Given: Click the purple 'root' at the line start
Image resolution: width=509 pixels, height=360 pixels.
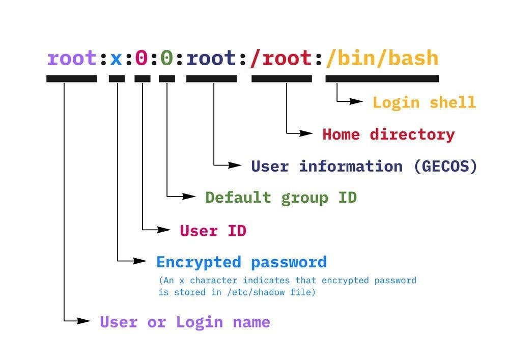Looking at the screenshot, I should point(71,58).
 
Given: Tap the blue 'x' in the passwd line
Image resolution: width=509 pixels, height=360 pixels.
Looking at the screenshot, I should point(117,58).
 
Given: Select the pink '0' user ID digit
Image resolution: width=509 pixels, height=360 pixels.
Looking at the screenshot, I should point(142,58).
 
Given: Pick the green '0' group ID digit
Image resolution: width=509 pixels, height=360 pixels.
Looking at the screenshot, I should point(167,58).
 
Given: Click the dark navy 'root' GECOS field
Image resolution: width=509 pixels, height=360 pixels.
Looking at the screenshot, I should point(211,58).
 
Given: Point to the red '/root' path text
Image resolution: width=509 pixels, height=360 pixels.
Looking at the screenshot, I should point(281,58).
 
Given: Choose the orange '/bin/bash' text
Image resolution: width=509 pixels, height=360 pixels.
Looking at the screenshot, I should point(382,58).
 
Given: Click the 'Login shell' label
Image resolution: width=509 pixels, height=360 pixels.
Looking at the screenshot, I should point(424,102).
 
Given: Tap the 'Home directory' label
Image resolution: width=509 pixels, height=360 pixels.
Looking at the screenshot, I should point(388,134).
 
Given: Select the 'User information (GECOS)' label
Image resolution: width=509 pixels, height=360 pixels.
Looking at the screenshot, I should point(364,166).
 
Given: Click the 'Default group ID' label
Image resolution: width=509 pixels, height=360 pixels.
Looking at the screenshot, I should point(280,197).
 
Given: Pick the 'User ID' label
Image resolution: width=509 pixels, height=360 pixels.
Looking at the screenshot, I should point(213,231).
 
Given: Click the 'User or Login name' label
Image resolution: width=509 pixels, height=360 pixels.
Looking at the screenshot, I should point(185,322).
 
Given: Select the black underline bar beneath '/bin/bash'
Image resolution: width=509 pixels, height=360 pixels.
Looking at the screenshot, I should point(382,78).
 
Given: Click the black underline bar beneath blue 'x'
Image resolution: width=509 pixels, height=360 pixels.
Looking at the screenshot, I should point(117,78).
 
